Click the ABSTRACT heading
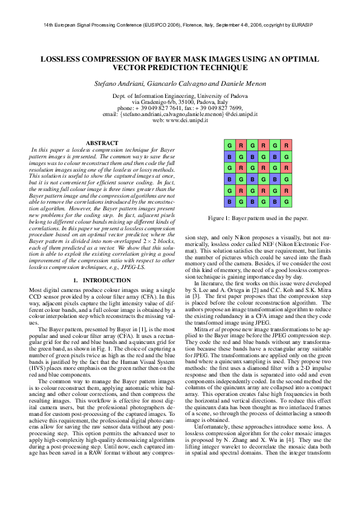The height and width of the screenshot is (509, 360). point(102,143)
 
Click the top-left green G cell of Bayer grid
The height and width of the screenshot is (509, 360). point(229,146)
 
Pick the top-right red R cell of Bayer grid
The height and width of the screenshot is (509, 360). point(286,146)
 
